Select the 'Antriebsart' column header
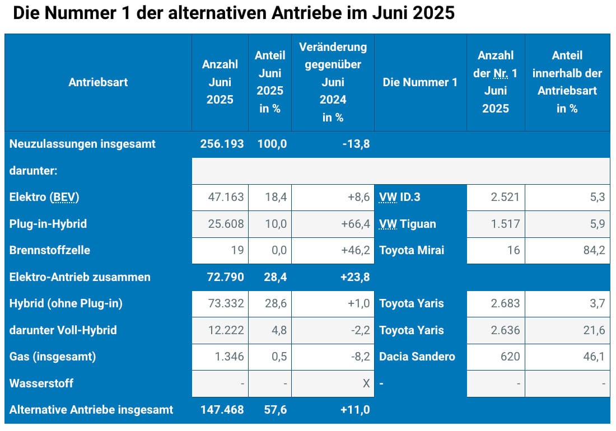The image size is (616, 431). [x=98, y=82]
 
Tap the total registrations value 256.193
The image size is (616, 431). [x=222, y=144]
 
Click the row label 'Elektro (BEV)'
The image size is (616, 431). [x=44, y=197]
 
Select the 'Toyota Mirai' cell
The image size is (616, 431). [x=412, y=250]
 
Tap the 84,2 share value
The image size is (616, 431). [x=594, y=250]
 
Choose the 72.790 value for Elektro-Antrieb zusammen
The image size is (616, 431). [x=222, y=277]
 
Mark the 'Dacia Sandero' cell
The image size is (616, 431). [x=417, y=357]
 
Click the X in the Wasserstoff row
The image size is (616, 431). [x=366, y=383]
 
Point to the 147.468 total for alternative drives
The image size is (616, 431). [x=222, y=410]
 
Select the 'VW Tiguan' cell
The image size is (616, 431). [x=408, y=224]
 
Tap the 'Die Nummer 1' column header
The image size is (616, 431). [x=420, y=82]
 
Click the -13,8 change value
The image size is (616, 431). [x=357, y=144]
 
